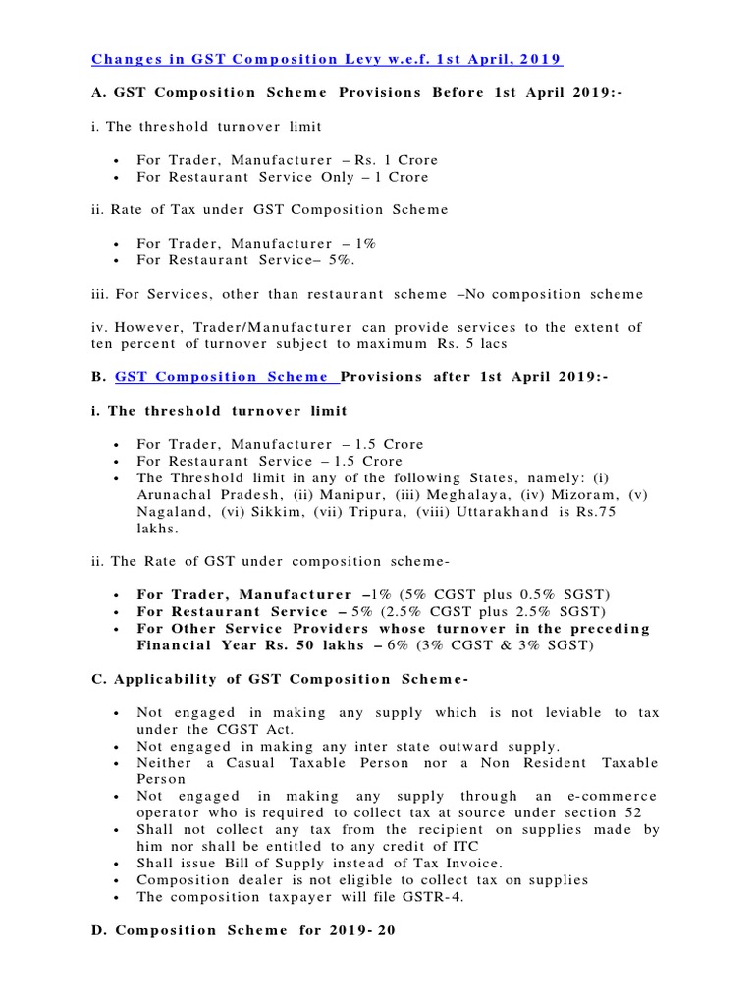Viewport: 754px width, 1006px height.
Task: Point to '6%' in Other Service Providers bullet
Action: [399, 645]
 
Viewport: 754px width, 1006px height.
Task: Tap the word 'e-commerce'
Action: [613, 796]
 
